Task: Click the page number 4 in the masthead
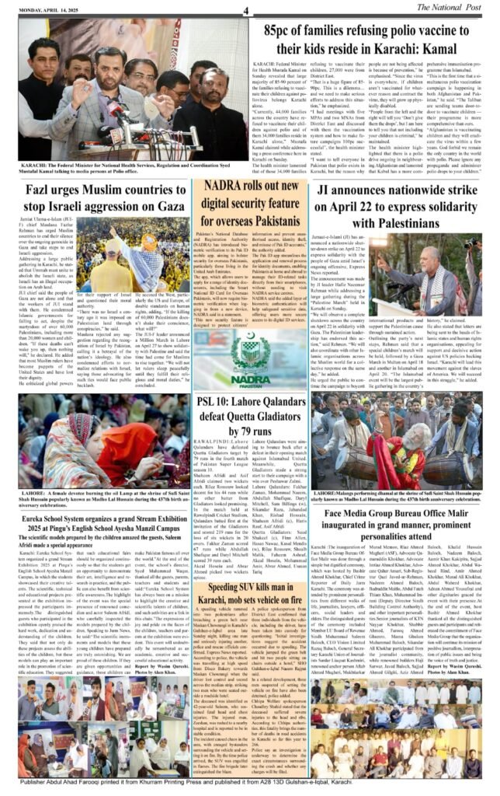click(x=245, y=9)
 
